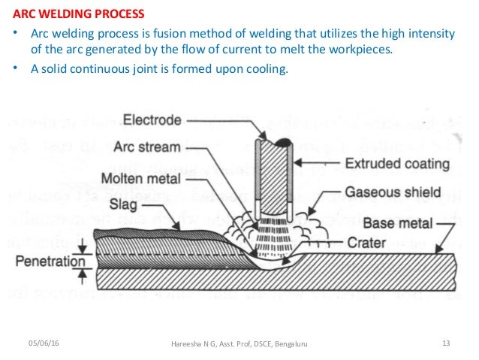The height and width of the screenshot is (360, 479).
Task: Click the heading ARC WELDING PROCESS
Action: tap(79, 14)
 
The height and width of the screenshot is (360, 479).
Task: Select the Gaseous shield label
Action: tap(393, 194)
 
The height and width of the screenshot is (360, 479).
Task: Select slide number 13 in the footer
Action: tap(446, 343)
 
